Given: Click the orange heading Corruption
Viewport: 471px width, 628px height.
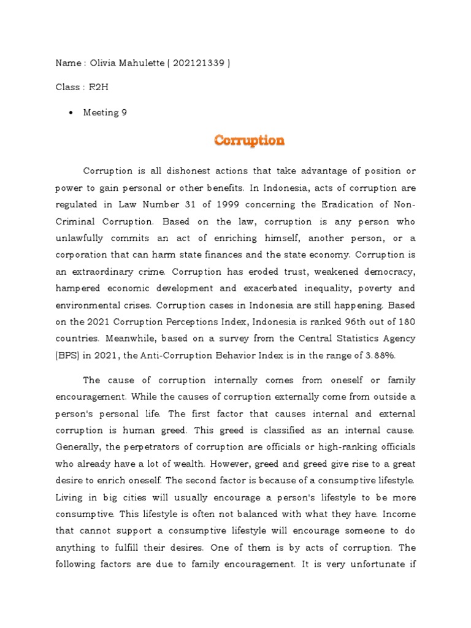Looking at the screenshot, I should click(x=249, y=140).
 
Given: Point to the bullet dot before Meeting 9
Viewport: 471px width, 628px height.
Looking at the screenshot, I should click(x=72, y=113).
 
